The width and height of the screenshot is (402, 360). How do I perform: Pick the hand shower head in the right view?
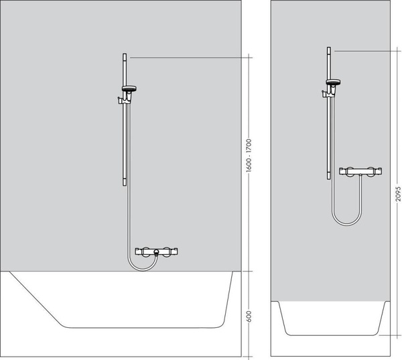tap(332, 82)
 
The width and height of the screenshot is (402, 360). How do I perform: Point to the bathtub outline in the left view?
tap(134, 326)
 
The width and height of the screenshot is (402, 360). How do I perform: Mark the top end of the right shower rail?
tap(328, 48)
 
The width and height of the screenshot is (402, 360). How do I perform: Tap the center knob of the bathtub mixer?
tap(155, 253)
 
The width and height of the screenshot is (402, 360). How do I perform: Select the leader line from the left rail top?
tap(188, 58)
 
